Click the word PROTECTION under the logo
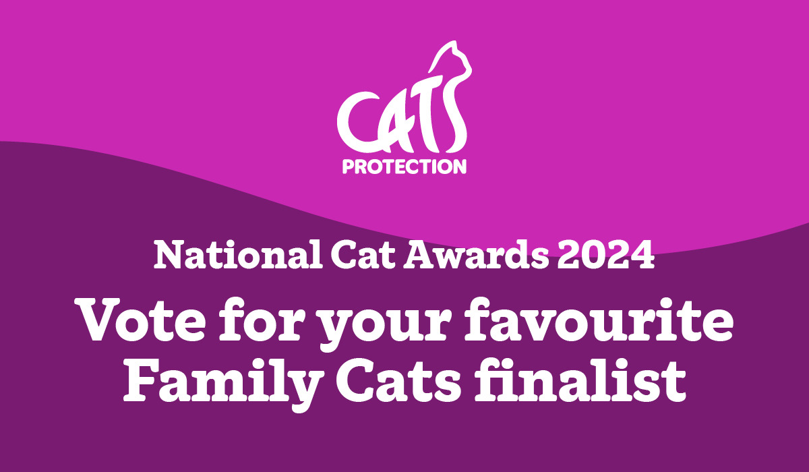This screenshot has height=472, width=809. pyautogui.click(x=404, y=166)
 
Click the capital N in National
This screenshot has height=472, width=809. pyautogui.click(x=167, y=256)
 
